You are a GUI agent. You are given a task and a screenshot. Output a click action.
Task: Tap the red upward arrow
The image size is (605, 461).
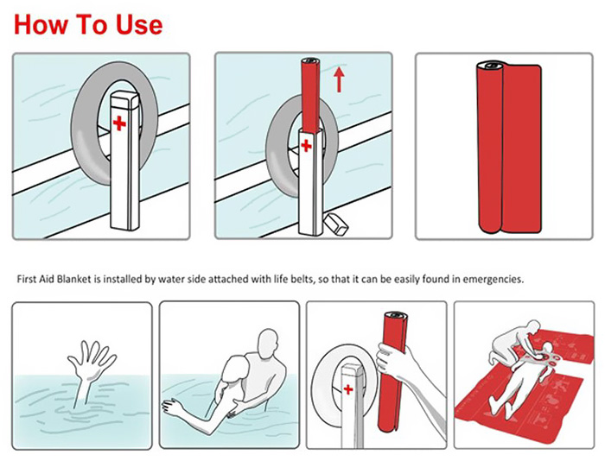tap(340, 80)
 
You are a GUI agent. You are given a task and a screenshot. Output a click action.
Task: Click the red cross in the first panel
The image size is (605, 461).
tap(118, 124)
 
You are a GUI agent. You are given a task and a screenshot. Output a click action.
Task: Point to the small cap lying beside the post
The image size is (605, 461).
tap(334, 224)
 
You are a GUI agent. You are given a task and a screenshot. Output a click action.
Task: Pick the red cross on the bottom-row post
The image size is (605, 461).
tap(349, 390)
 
